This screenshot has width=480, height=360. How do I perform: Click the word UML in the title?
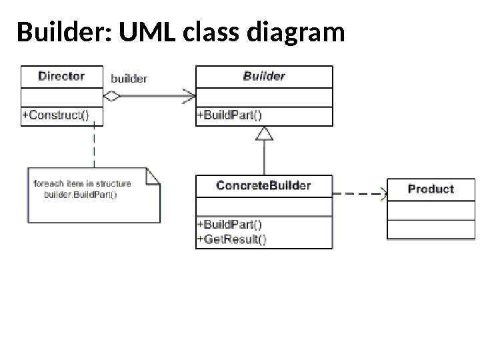point(147,31)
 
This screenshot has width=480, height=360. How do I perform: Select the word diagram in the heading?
point(296,33)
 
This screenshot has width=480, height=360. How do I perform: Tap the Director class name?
point(61,76)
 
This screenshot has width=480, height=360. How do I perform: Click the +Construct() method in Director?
point(55,115)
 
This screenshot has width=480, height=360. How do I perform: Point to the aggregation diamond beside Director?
point(112,96)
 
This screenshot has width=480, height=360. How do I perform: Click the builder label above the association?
point(129,79)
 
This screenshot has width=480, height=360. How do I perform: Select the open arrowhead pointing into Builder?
point(189,96)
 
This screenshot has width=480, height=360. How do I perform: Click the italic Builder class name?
point(264,76)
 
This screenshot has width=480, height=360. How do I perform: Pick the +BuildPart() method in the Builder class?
point(229,115)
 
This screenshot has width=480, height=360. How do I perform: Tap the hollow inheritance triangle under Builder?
point(264,134)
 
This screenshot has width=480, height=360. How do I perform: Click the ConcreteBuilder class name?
point(263,185)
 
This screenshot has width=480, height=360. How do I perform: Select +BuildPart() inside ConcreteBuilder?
point(229,225)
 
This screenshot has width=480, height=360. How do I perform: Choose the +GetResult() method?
point(232,239)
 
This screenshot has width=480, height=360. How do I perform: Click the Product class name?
point(431,189)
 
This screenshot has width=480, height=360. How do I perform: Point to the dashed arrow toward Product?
point(360,194)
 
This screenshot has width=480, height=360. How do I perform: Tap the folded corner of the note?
point(153,176)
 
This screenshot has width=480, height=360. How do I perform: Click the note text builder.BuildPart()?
point(81,195)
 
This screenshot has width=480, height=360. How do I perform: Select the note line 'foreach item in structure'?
point(82,184)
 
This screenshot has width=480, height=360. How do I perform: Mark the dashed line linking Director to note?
point(94,145)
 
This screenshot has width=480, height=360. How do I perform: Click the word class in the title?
point(211,31)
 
